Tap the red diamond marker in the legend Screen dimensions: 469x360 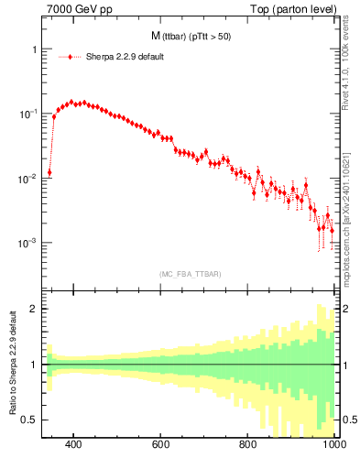point(70,57)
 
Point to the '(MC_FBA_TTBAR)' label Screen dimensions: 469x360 point(189,273)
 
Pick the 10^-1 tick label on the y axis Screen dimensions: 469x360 point(26,114)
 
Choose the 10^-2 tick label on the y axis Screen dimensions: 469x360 point(26,179)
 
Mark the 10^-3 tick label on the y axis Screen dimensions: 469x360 point(26,244)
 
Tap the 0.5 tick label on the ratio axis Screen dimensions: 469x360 point(29,420)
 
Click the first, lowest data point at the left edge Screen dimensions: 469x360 point(49,172)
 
